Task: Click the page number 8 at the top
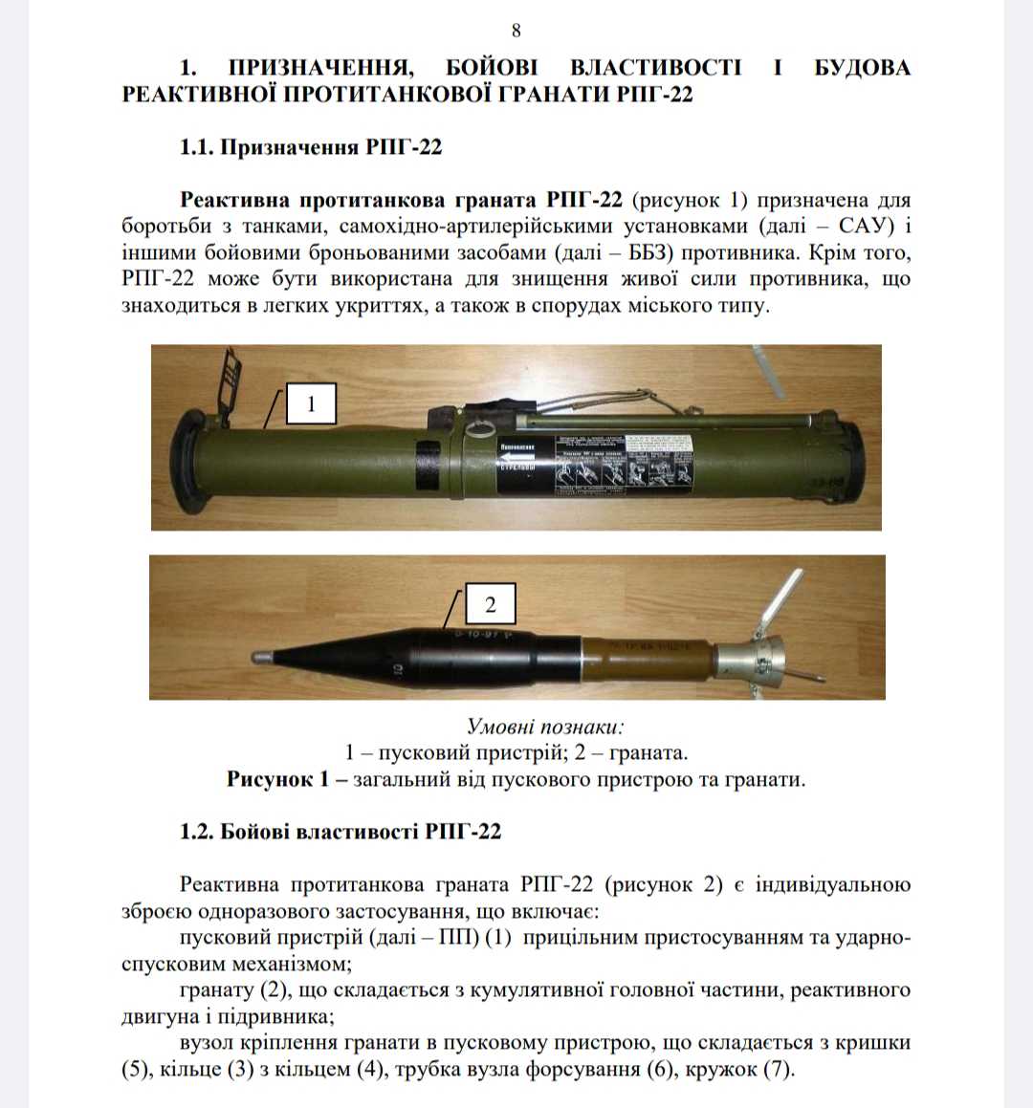tap(516, 31)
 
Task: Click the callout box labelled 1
tap(310, 404)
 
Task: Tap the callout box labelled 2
tap(490, 604)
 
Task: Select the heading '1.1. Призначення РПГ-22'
tap(311, 147)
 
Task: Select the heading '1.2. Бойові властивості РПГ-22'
tap(340, 831)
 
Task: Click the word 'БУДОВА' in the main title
tap(862, 68)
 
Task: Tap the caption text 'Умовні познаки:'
tap(545, 727)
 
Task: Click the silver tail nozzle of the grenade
tap(752, 658)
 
